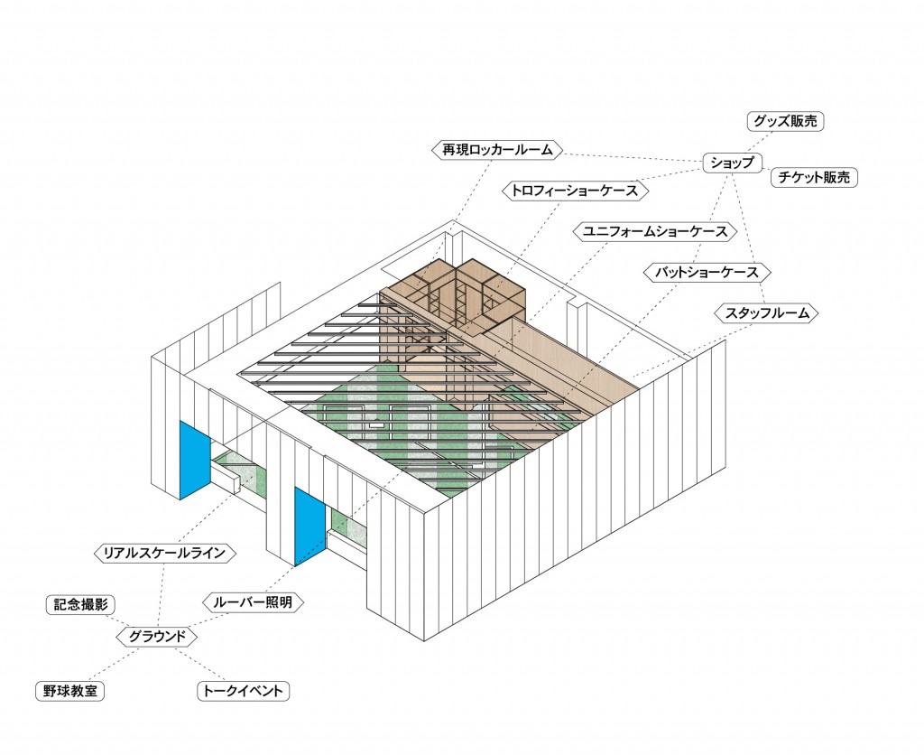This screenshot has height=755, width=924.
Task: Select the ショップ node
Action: pyautogui.click(x=733, y=163)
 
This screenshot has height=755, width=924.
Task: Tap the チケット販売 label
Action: pyautogui.click(x=813, y=177)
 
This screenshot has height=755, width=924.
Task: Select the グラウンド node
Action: pyautogui.click(x=157, y=637)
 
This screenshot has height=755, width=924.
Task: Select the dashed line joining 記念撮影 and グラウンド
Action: pyautogui.click(x=118, y=620)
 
